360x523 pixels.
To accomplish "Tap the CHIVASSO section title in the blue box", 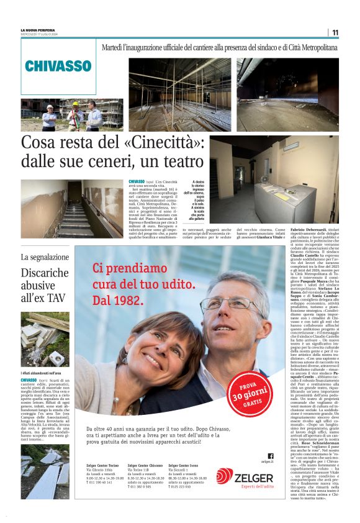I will coord(58,66).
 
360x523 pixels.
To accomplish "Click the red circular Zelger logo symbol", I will coord(225,477).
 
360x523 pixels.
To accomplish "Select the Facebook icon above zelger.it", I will coord(270,456).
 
